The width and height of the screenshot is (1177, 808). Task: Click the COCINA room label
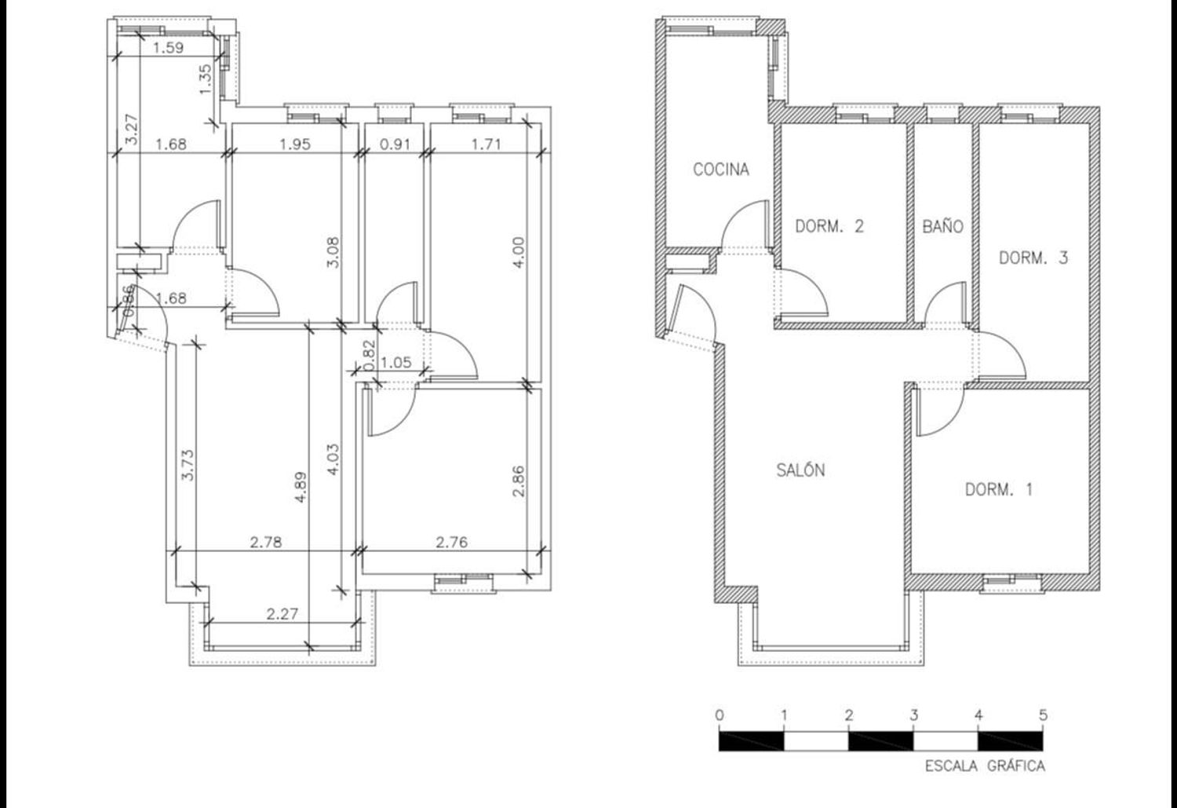(721, 170)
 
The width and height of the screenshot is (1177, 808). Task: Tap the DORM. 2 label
(829, 227)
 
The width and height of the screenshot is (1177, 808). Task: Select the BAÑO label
(942, 227)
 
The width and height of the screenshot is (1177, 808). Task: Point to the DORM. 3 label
(1033, 258)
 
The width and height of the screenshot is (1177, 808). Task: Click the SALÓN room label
(800, 470)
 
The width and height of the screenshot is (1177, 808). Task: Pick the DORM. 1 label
(999, 490)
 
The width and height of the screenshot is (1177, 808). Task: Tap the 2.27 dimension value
(282, 613)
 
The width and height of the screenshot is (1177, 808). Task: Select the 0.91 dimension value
(395, 144)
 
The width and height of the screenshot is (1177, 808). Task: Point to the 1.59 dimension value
(169, 48)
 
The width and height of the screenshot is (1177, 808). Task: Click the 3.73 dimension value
(188, 465)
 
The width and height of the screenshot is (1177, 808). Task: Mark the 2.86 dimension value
(518, 481)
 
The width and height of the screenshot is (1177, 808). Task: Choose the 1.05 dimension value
(395, 363)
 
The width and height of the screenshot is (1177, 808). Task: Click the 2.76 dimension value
(451, 542)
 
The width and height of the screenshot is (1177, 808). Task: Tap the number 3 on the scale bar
(914, 715)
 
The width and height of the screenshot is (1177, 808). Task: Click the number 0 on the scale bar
(720, 715)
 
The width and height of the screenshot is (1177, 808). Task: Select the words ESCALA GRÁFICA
(985, 766)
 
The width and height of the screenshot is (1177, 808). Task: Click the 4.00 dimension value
(518, 253)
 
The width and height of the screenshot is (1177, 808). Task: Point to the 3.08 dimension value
(333, 253)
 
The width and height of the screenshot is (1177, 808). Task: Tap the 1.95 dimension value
(295, 144)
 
